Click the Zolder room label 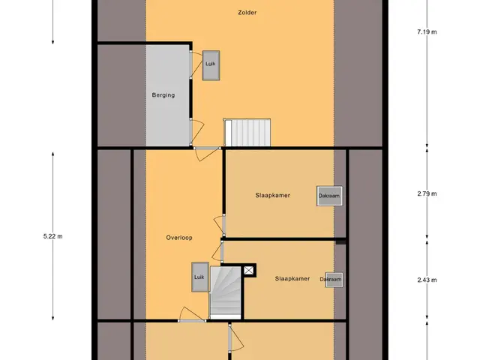247,13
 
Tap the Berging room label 163,95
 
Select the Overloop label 179,238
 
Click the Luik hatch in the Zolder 211,65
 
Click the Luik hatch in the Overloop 200,277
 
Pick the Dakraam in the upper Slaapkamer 329,196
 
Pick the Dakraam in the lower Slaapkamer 333,280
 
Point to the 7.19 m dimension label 427,31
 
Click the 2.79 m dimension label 427,193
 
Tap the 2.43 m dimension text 427,280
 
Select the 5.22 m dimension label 53,236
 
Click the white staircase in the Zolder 247,133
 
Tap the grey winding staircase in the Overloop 226,292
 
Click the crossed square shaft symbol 248,270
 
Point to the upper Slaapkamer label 272,195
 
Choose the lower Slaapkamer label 292,278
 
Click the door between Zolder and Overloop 207,153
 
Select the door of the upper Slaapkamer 220,225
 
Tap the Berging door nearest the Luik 195,65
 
